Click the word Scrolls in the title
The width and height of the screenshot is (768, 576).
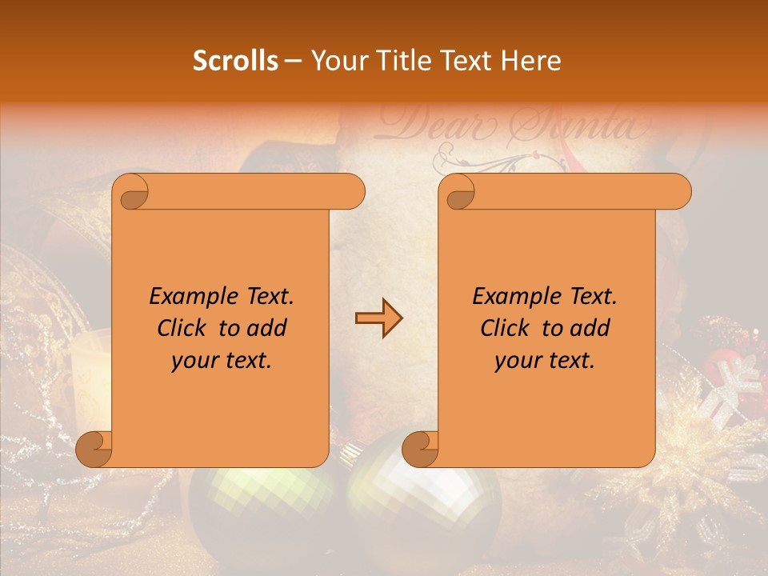(235, 61)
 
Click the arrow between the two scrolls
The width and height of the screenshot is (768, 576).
(378, 318)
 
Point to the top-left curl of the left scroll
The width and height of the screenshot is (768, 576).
(130, 192)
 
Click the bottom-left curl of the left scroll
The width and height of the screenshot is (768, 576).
(94, 449)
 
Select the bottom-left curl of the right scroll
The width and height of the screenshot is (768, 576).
(420, 449)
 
